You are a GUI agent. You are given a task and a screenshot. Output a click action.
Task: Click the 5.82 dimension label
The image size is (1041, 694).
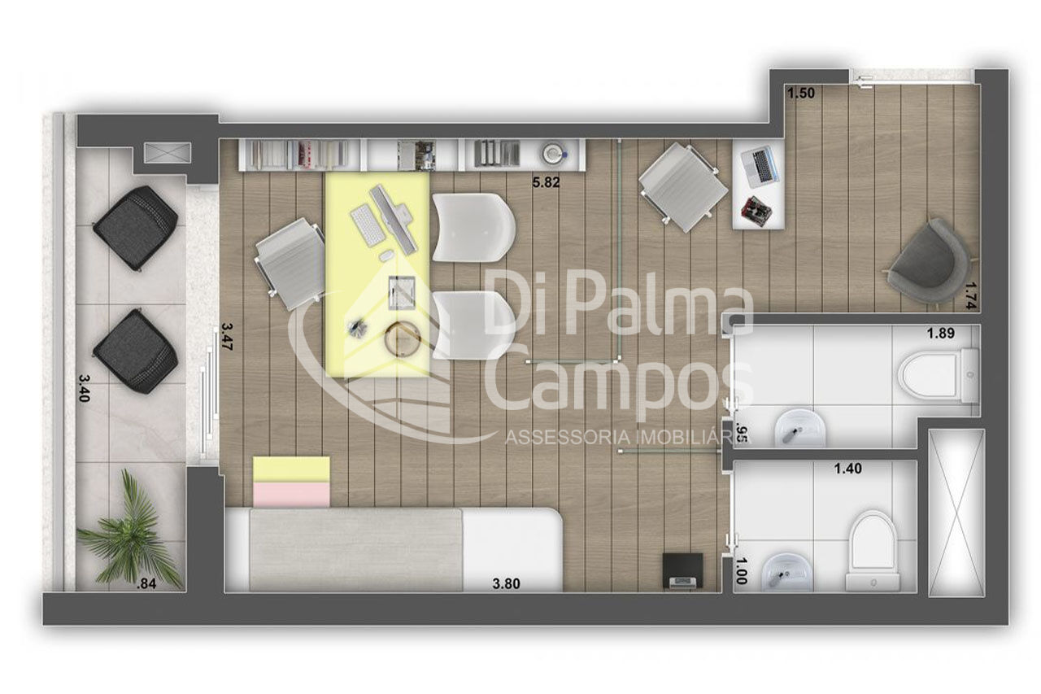[546, 182]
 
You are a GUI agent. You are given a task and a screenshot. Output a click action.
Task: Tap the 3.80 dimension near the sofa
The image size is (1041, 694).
[506, 584]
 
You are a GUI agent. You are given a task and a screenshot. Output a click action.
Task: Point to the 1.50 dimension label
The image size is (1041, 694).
[801, 94]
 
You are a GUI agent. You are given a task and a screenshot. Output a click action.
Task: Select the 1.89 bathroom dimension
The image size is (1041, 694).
[941, 334]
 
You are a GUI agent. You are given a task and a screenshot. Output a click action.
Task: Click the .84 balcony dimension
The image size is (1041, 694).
[146, 584]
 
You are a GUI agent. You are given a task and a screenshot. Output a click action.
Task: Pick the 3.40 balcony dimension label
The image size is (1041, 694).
[84, 389]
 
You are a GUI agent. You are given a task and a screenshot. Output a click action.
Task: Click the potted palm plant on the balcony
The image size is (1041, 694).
[129, 530]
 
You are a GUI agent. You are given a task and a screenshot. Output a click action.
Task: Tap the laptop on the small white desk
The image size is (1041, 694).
[760, 166]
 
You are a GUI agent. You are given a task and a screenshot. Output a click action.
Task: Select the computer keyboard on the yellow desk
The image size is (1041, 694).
[367, 225]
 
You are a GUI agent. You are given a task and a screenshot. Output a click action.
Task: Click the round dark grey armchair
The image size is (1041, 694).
[928, 263]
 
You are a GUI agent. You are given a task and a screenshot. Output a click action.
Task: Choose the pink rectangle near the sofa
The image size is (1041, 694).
[291, 494]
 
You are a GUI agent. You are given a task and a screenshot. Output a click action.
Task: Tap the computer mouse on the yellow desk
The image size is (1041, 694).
[386, 255]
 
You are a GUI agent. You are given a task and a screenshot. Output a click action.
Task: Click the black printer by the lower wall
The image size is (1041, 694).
[682, 571]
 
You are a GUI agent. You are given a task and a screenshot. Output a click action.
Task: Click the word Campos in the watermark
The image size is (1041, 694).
[621, 382]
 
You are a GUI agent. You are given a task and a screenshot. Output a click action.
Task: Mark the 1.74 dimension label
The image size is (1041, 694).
[972, 296]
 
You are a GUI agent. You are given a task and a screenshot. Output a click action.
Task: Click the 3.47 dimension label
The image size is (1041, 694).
[226, 337]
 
